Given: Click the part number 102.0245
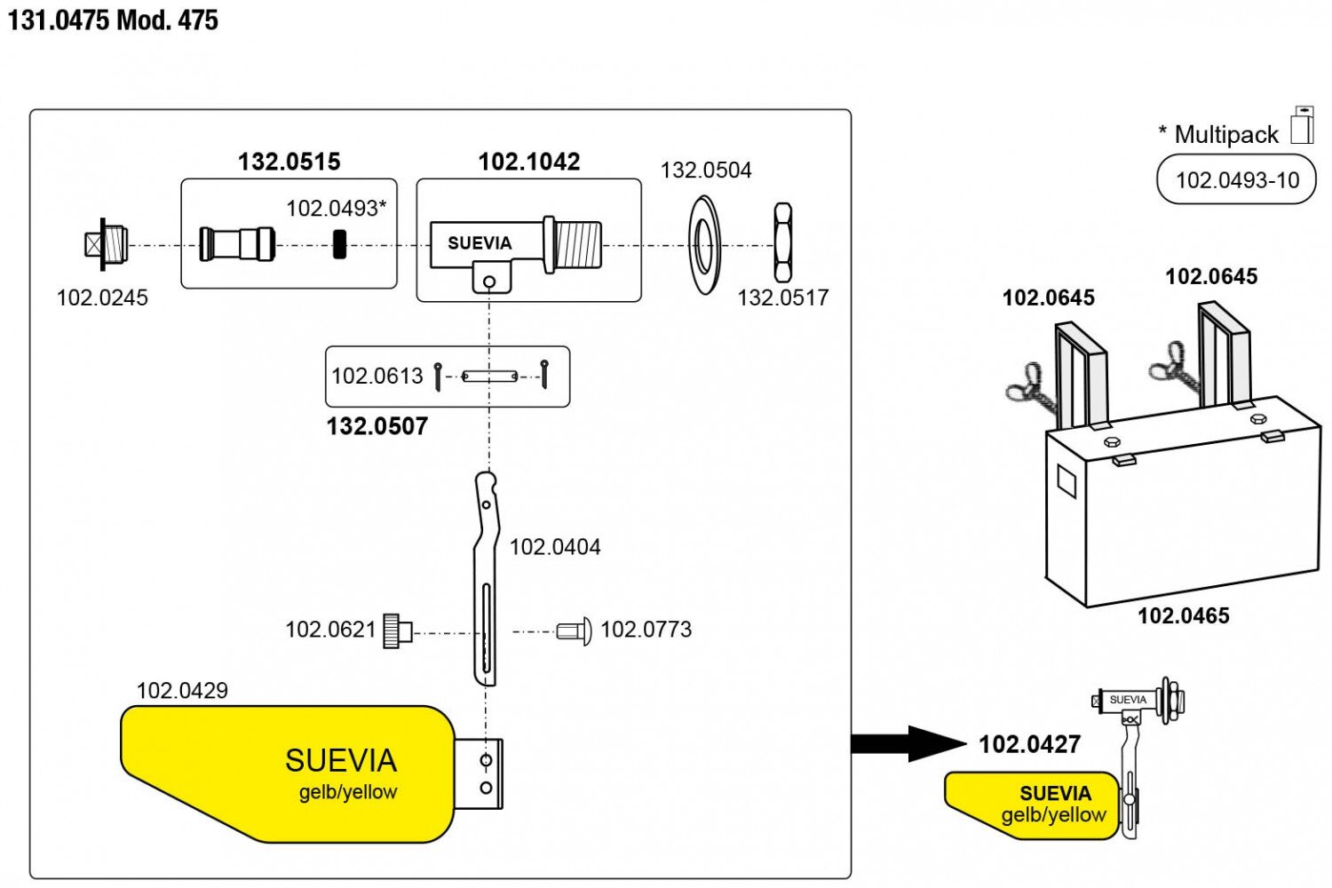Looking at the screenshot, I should pos(102,297).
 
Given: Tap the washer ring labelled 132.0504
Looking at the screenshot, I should pos(704,245).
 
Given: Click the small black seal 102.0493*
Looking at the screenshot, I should pos(339,244).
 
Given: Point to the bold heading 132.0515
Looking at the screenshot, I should pos(289,162).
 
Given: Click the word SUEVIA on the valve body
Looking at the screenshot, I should pos(480,243).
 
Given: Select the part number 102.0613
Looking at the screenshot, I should pos(377,376).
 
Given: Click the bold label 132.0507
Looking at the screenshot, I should pos(377,426).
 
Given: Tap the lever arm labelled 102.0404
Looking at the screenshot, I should pos(485,577).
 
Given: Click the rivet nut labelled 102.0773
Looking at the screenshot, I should pos(575,631).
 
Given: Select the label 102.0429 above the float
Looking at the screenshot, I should pos(182,690).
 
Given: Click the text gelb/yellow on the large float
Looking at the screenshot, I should pos(348,792).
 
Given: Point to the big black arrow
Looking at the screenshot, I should pos(906,743).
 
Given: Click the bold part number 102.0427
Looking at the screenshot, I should pos(1030,744).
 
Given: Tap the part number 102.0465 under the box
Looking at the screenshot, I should pos(1184,615).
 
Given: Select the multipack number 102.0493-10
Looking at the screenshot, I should pos(1237,180).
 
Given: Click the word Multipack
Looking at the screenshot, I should pos(1226,135).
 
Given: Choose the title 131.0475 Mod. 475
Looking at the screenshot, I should pos(113,20).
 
